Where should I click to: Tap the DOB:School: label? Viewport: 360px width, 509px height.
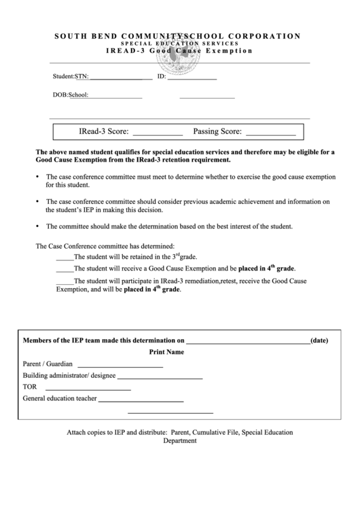(71, 95)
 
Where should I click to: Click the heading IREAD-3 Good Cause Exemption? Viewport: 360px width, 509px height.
(179, 51)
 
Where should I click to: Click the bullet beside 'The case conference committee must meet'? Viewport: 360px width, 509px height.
(37, 177)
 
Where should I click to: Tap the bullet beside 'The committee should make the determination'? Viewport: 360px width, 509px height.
(37, 226)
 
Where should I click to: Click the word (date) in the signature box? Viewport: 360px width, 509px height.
(319, 340)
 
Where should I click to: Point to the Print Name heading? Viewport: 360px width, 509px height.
(166, 353)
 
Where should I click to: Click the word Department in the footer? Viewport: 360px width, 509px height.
(180, 440)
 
